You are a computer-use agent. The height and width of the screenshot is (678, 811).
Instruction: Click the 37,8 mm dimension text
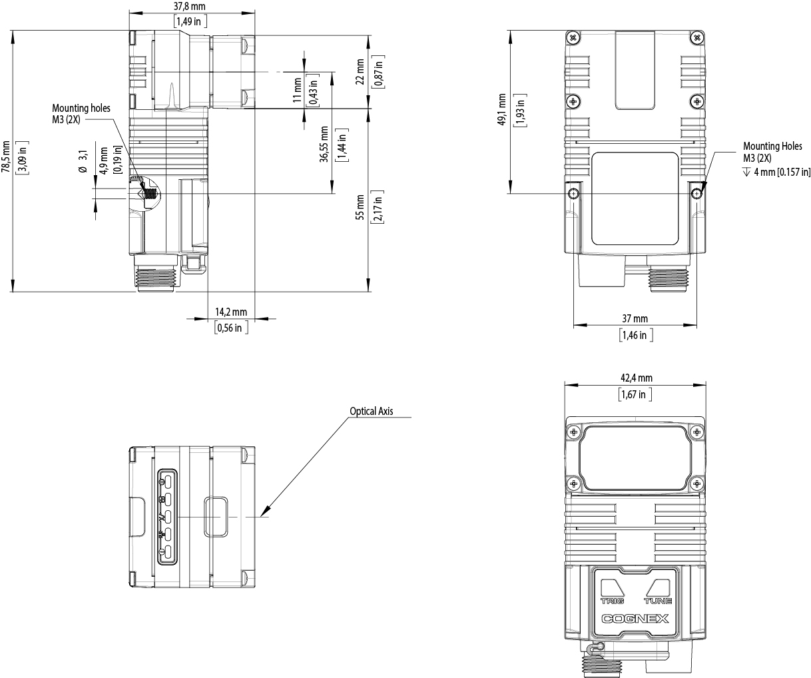[189, 7]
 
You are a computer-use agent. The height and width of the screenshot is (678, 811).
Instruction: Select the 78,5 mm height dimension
[5, 157]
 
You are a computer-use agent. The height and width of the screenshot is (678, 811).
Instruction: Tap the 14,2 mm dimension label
[231, 312]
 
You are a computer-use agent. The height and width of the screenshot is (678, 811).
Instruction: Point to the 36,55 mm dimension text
[324, 144]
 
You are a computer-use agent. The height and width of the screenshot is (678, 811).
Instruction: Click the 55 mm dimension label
[360, 208]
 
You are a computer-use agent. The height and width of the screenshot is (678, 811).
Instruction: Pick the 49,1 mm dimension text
[501, 110]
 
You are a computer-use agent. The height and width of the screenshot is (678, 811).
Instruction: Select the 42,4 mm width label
[637, 378]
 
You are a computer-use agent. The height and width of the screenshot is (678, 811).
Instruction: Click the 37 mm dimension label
[635, 318]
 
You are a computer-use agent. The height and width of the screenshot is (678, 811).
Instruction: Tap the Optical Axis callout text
[372, 411]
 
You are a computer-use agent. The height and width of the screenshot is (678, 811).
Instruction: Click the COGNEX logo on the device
[635, 619]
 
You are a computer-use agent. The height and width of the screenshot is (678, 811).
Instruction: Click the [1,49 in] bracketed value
[190, 21]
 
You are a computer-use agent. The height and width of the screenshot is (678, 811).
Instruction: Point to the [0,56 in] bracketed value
[231, 328]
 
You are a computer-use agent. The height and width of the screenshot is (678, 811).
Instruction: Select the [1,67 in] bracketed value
[635, 394]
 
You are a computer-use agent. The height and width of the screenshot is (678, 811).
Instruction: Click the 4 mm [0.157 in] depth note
[776, 172]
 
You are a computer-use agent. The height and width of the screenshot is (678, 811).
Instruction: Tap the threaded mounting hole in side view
[150, 192]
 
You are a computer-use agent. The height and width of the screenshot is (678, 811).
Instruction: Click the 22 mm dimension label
[360, 72]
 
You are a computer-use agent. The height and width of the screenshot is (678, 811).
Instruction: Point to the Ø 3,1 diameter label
[83, 162]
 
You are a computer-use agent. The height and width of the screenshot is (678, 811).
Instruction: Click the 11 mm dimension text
[297, 91]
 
